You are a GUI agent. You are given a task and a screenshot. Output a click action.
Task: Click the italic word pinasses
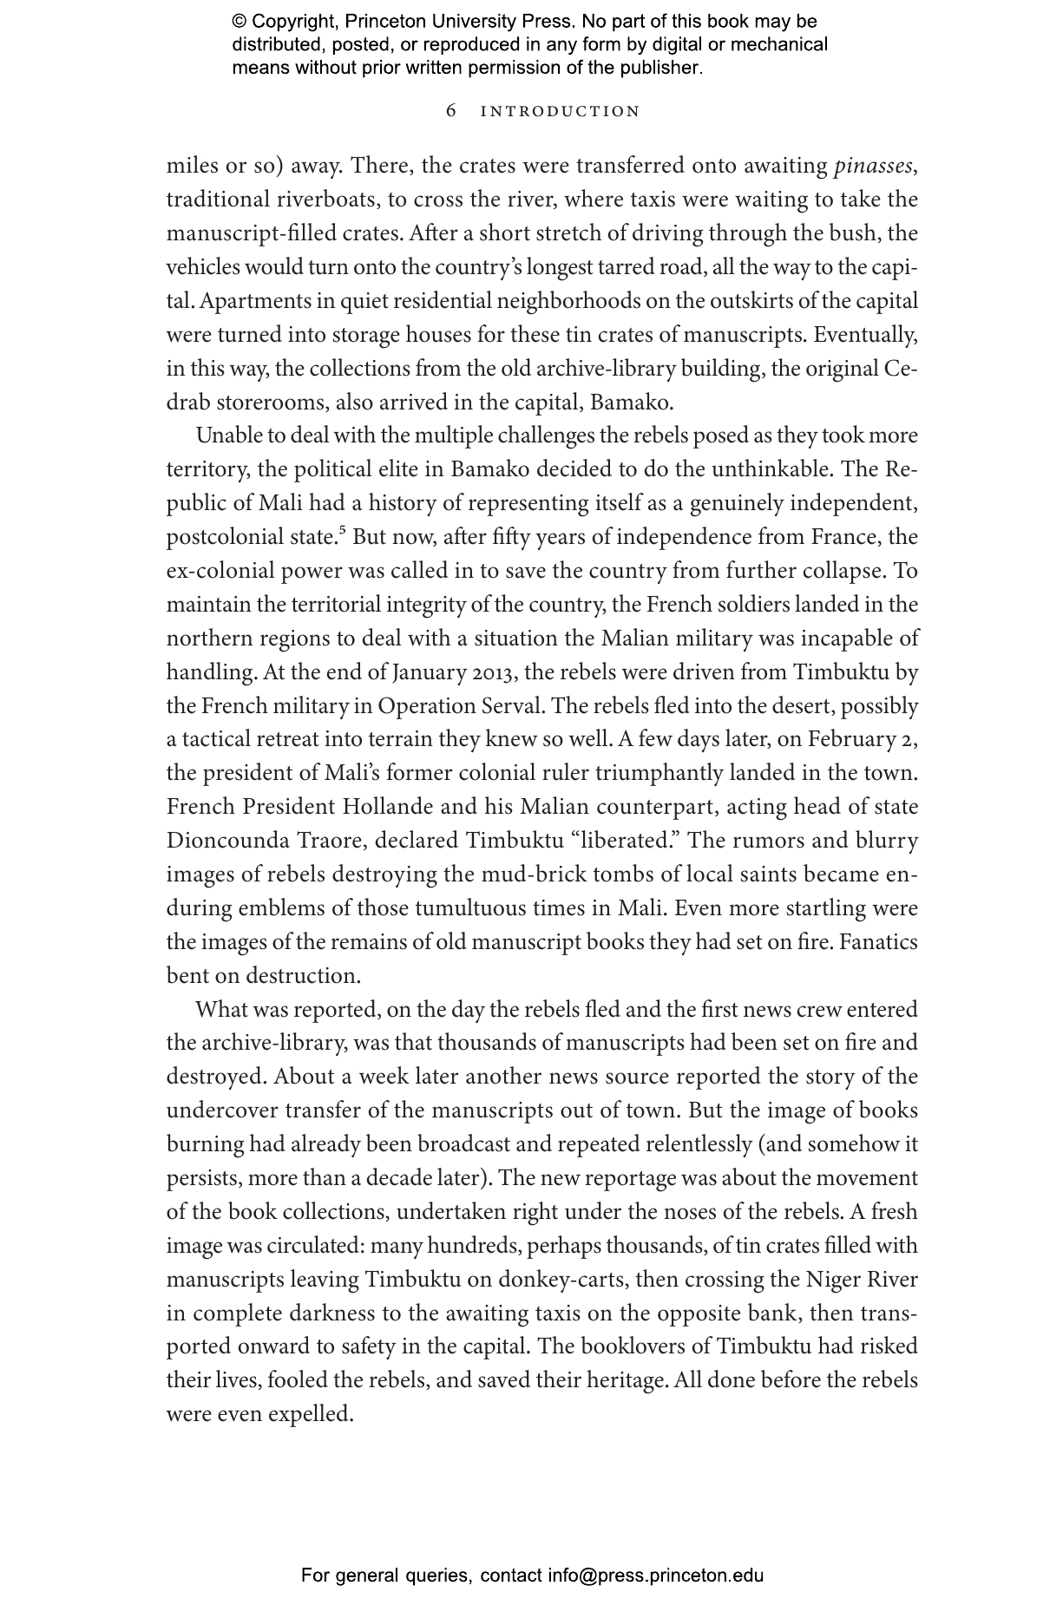coord(872,166)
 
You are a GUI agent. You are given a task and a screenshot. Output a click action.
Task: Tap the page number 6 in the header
coord(451,111)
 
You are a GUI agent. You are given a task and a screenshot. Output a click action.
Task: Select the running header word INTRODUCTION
coord(560,112)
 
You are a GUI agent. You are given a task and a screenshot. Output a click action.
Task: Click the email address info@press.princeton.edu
coord(655,1576)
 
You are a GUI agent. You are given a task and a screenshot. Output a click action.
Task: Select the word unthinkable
coord(770,469)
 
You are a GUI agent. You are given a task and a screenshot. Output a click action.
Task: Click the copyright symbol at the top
coord(239,22)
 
